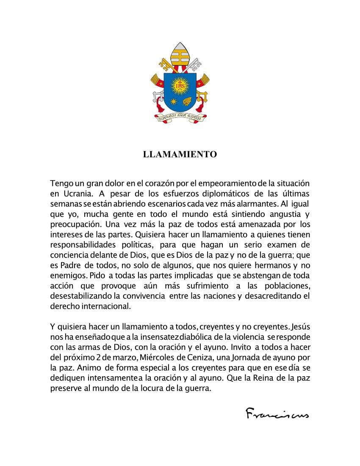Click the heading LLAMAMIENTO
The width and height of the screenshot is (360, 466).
(180, 154)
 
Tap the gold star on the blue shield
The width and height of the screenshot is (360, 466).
(173, 102)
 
